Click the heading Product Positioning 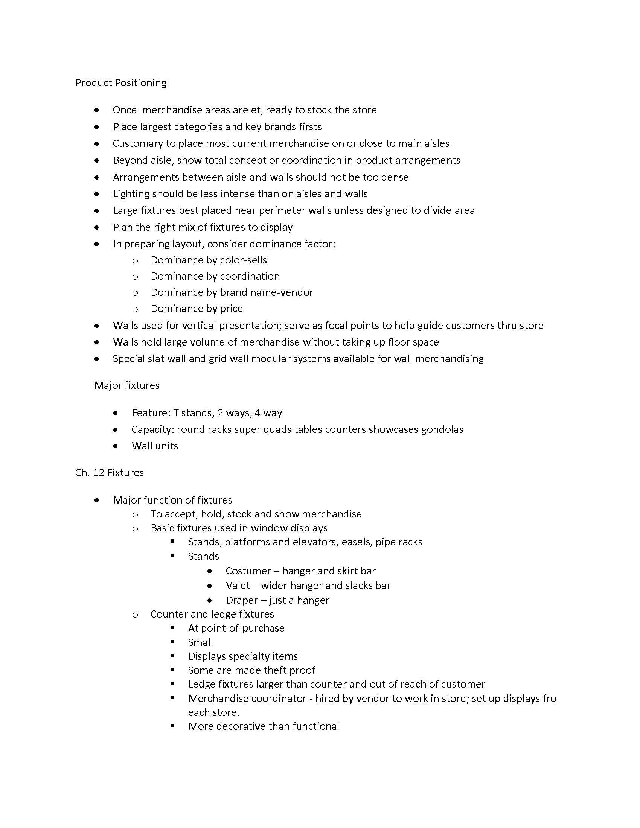pyautogui.click(x=120, y=83)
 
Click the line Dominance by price pyautogui.click(x=197, y=309)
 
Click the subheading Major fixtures pyautogui.click(x=126, y=385)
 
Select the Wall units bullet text pyautogui.click(x=155, y=446)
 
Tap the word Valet pyautogui.click(x=238, y=586)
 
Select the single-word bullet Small pyautogui.click(x=200, y=642)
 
